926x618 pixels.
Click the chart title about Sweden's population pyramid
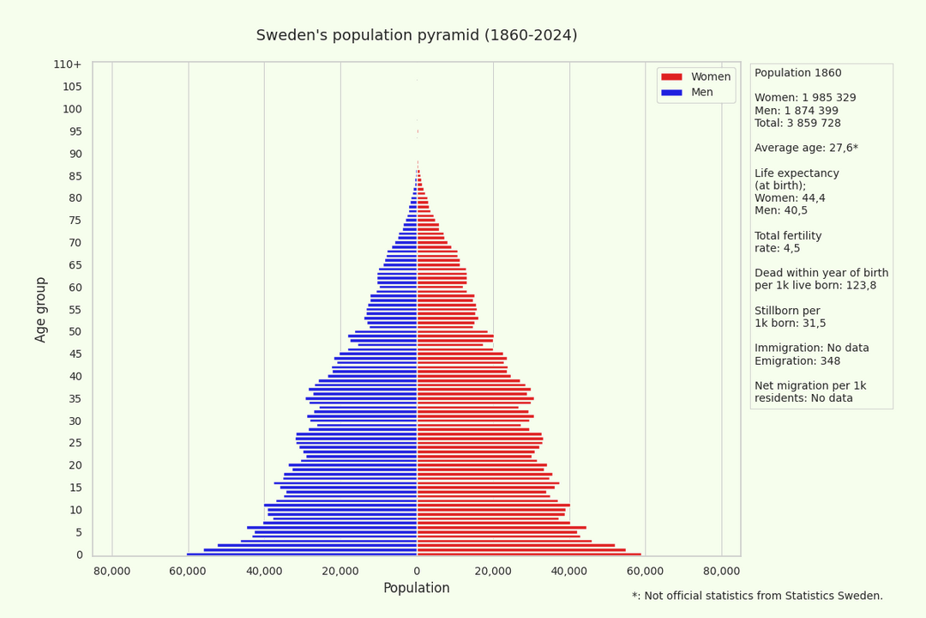417,35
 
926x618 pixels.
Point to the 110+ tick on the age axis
68,64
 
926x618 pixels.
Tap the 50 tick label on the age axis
75,332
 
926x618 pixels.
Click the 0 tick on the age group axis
79,554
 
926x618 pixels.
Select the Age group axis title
41,309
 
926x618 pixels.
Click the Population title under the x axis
416,588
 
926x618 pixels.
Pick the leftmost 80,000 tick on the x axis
112,571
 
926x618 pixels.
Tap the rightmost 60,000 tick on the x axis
646,571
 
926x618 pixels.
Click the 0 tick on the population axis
417,571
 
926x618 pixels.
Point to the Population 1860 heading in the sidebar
797,74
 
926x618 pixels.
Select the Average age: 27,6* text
806,148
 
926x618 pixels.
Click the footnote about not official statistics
757,596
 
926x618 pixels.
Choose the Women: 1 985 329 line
805,99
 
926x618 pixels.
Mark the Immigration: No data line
811,348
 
